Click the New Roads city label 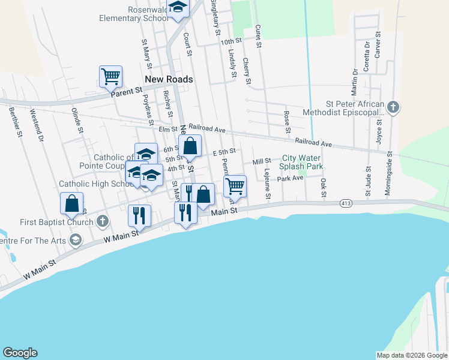169,79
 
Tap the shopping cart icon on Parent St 110,76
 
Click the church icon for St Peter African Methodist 393,107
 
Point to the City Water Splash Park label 303,162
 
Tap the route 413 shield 346,204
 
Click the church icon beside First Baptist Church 102,222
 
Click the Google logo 20,353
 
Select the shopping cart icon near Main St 235,186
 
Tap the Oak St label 323,187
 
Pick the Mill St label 262,161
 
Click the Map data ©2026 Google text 412,355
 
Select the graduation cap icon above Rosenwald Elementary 178,7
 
